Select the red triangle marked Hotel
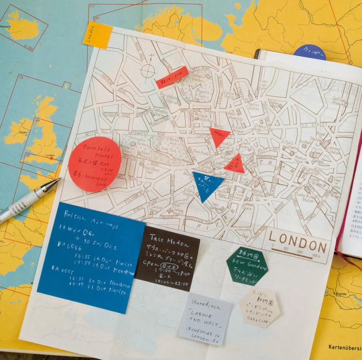click(x=219, y=135)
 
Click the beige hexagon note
click(x=259, y=307)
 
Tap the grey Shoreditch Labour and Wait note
click(x=205, y=319)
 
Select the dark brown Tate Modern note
click(x=167, y=258)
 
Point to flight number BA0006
click(x=70, y=244)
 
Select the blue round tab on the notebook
click(x=310, y=52)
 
